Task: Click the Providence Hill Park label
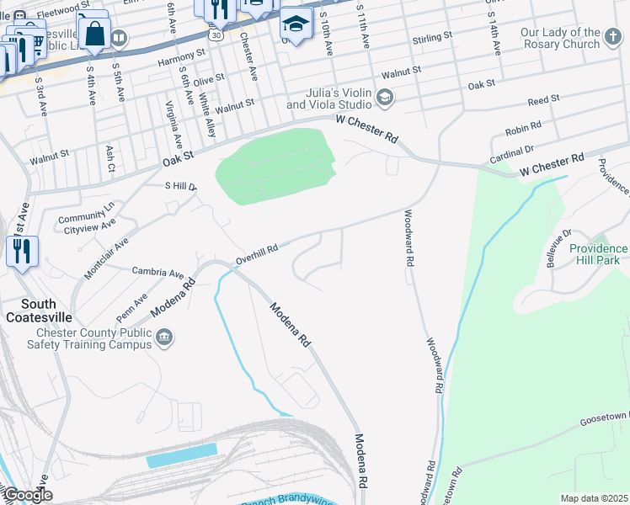pyautogui.click(x=598, y=254)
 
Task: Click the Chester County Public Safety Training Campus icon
pyautogui.click(x=165, y=338)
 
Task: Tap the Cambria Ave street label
pyautogui.click(x=157, y=272)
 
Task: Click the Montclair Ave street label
pyautogui.click(x=106, y=258)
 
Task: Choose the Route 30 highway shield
pyautogui.click(x=216, y=36)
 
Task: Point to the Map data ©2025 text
pyautogui.click(x=593, y=498)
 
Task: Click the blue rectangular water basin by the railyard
pyautogui.click(x=181, y=454)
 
